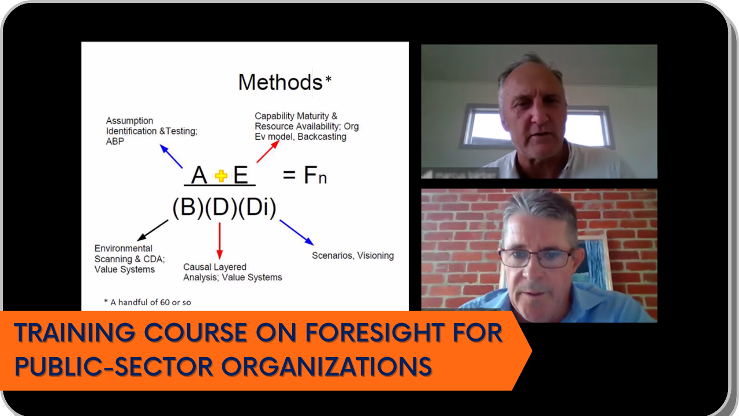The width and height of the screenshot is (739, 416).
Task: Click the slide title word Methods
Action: (280, 82)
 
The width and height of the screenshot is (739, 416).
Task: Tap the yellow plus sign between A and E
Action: (221, 176)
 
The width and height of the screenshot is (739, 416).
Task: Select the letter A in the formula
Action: (199, 174)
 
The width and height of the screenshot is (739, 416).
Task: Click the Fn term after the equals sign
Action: (315, 175)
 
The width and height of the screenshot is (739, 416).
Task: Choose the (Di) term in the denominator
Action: (257, 207)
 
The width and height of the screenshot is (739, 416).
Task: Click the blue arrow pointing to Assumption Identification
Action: (171, 156)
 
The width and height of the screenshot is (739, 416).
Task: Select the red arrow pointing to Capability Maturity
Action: (268, 151)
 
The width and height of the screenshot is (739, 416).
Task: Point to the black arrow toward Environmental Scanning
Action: (152, 231)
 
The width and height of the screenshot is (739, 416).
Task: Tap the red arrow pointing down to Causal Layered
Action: (219, 241)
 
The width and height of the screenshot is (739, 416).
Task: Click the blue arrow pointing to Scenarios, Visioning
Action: (297, 232)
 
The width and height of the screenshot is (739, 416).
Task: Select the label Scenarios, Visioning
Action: (353, 255)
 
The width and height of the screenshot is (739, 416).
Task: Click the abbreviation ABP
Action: (115, 142)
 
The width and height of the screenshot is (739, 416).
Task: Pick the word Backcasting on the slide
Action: (322, 137)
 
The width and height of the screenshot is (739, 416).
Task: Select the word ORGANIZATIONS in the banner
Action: (326, 366)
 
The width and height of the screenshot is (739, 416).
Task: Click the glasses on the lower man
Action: (536, 257)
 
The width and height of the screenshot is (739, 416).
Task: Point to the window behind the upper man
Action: (537, 126)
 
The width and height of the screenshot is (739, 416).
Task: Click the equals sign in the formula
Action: (289, 175)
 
